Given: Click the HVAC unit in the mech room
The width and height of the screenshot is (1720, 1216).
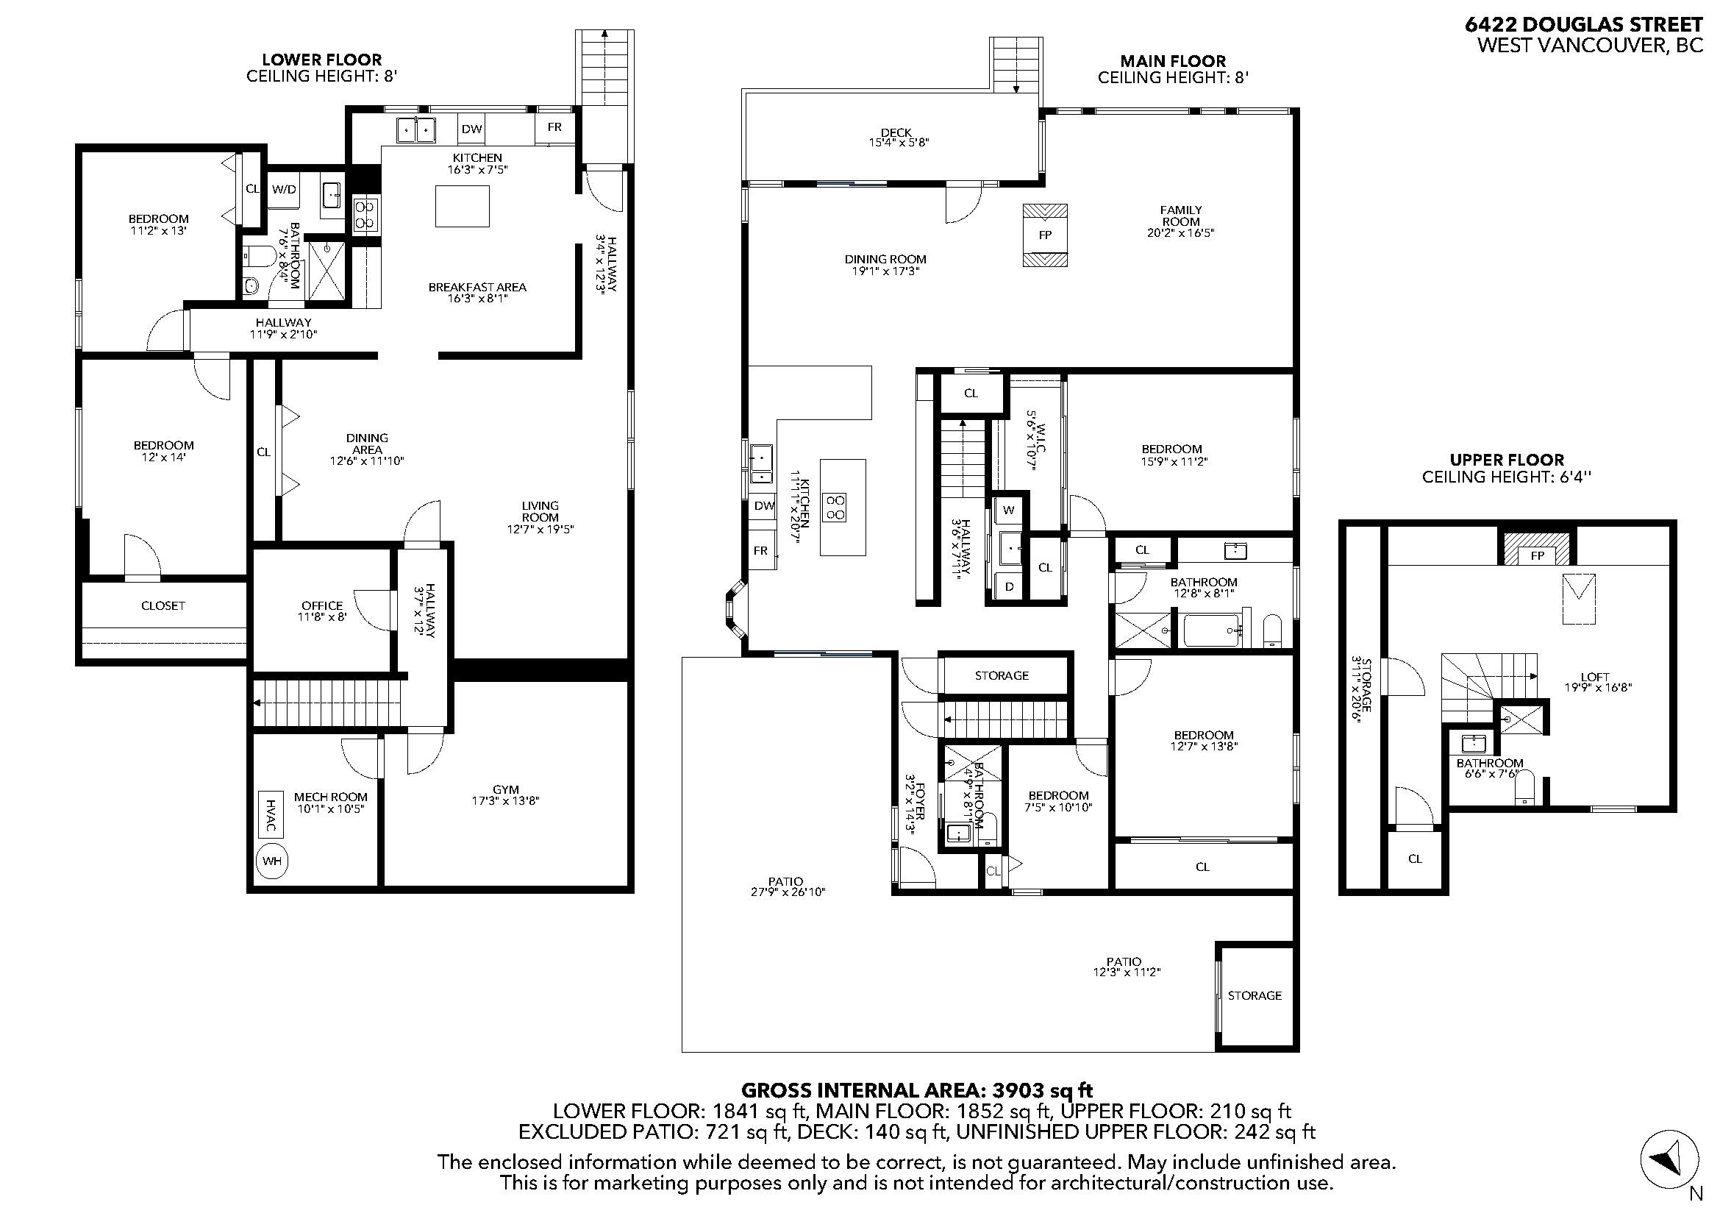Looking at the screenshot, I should point(271,814).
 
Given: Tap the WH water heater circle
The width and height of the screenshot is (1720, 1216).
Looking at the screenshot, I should point(272,861).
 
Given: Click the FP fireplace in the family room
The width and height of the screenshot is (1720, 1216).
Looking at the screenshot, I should point(1045,235).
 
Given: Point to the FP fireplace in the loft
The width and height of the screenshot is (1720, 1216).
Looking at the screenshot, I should point(1538,556).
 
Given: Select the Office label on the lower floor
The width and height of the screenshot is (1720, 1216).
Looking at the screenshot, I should point(322,605).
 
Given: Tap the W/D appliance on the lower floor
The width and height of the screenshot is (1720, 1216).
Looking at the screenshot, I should point(284,190).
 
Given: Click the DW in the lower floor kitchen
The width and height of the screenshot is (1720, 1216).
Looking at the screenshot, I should point(471,129).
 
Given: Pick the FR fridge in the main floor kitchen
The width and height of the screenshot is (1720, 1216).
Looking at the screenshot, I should point(760,551).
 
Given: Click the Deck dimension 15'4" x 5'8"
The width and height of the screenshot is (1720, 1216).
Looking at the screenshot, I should point(898,143).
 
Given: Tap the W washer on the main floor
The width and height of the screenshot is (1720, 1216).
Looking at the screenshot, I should point(1008,511).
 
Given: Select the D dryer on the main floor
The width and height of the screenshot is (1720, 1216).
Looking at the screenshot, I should point(1009,586).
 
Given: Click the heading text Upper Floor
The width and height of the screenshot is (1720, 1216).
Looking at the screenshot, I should point(1507,460).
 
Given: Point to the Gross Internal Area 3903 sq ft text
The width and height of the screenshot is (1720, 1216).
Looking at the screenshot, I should point(921,1090).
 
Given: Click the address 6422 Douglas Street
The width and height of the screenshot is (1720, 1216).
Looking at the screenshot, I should point(1583,25).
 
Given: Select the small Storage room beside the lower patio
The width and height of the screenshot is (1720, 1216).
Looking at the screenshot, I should point(1255,996).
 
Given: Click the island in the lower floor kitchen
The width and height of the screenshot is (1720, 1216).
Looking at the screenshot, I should point(463,206).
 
